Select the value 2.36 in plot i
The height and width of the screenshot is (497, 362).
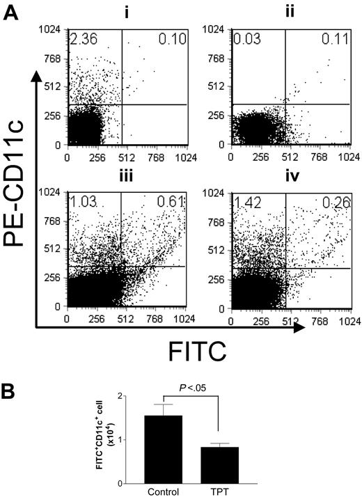point(81,38)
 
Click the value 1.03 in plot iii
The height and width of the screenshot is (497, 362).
point(81,202)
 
